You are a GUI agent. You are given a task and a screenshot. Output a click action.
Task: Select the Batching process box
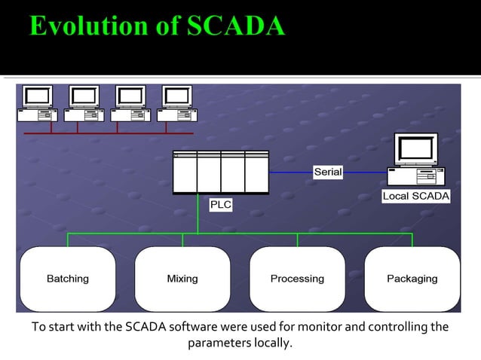click(68, 279)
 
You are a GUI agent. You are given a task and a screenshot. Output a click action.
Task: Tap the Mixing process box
click(182, 279)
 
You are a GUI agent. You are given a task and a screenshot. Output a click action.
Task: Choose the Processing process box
click(297, 279)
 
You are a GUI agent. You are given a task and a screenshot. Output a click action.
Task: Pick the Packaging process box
click(412, 279)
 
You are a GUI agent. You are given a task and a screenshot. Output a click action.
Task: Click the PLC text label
click(220, 204)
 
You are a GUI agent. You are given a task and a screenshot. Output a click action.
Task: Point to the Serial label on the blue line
click(328, 172)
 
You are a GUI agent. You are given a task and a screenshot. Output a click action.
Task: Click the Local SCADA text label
click(416, 196)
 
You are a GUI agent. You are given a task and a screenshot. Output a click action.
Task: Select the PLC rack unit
click(220, 172)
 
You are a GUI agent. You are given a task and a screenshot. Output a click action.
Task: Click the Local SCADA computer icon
click(415, 160)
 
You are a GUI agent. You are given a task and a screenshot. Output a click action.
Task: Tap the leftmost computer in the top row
click(37, 103)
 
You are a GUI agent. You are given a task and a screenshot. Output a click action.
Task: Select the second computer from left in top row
click(84, 103)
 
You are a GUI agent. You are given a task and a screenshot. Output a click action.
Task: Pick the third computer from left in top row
click(130, 103)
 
